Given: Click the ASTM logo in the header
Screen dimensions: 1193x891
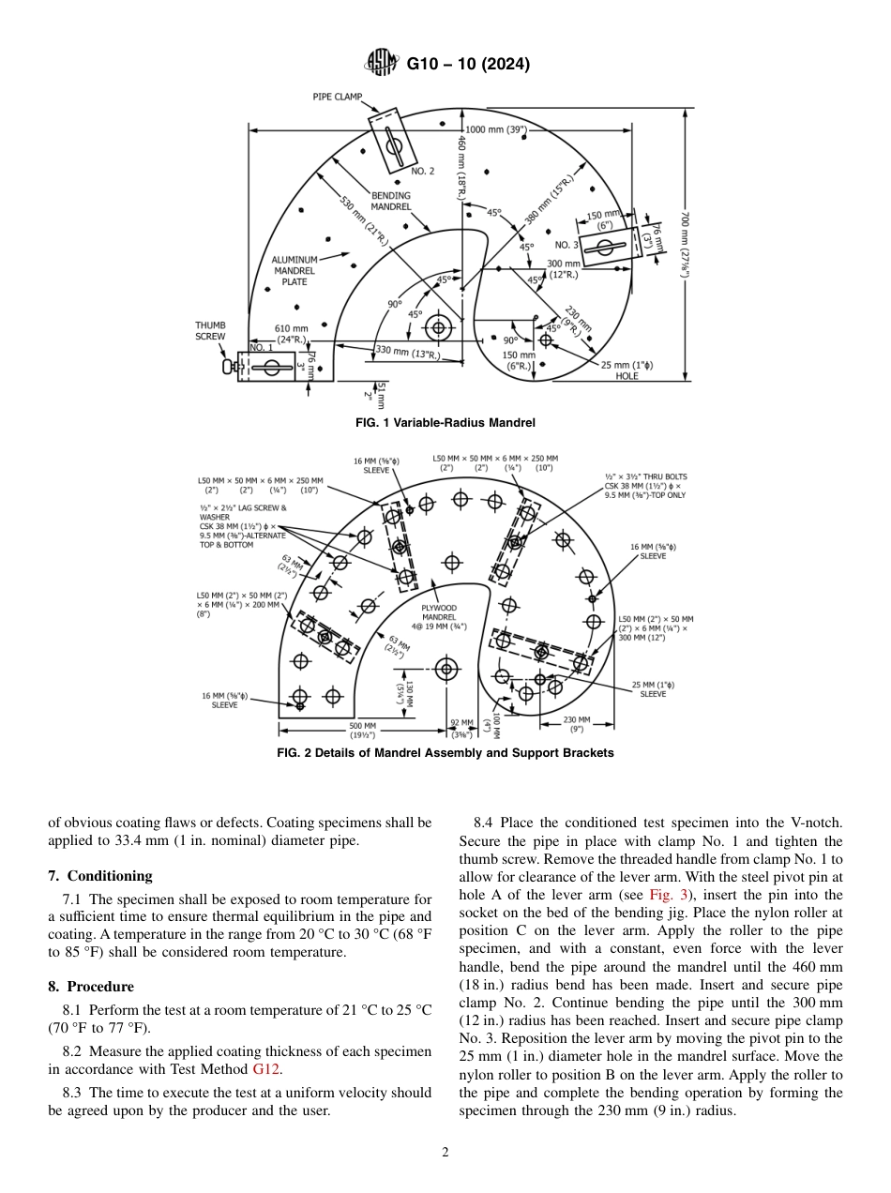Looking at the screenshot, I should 381,64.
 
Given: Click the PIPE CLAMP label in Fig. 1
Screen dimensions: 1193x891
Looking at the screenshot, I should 338,97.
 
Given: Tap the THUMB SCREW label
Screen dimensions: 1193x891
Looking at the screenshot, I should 210,331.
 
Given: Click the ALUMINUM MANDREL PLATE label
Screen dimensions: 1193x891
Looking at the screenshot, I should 294,270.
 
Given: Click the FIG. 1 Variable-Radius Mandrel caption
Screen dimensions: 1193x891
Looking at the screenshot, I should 445,423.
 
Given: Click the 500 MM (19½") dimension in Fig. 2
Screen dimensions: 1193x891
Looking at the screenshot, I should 363,730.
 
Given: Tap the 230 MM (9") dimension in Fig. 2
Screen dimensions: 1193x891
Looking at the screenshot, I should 577,724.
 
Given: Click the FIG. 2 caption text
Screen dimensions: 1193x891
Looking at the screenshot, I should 445,753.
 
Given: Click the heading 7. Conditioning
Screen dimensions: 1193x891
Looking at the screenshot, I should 99,876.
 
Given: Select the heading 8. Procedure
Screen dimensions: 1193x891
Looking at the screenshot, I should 91,987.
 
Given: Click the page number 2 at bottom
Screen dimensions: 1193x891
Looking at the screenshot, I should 445,1153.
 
